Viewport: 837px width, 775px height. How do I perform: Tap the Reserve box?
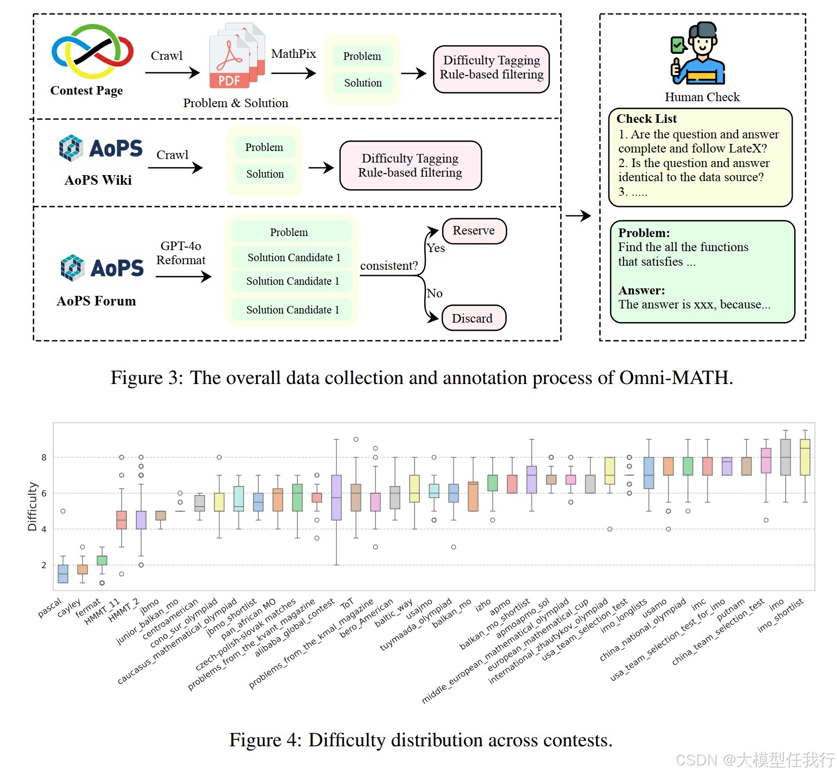click(474, 231)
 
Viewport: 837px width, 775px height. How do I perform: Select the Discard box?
click(473, 319)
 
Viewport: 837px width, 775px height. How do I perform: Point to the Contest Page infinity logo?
click(93, 52)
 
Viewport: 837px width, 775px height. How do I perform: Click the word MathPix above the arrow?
click(293, 54)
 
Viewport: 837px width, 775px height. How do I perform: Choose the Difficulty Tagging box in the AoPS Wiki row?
click(410, 166)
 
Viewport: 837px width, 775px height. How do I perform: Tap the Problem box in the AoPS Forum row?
click(289, 232)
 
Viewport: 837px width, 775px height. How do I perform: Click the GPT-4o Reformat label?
click(181, 253)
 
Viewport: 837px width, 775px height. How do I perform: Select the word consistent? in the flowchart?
click(389, 266)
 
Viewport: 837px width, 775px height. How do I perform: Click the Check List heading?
click(647, 119)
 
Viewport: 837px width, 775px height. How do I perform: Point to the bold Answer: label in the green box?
click(642, 290)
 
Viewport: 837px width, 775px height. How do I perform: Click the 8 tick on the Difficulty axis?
click(44, 457)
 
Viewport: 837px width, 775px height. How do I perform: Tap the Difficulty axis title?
click(32, 506)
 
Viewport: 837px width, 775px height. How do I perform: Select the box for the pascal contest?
click(63, 574)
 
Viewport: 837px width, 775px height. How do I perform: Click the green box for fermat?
click(102, 560)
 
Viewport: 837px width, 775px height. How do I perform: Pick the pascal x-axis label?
click(50, 607)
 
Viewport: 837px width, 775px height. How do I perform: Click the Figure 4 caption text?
click(421, 740)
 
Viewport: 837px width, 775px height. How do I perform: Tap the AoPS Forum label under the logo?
click(96, 301)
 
